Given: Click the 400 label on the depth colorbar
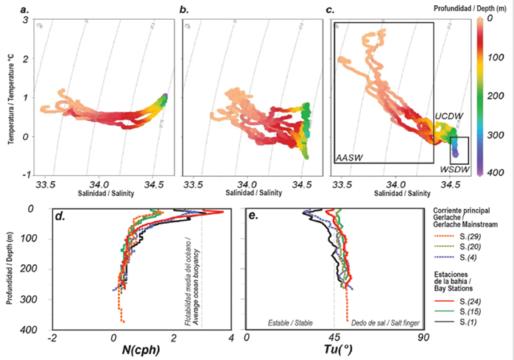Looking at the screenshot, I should (496, 173).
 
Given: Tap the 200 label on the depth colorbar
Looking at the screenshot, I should (496, 96).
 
